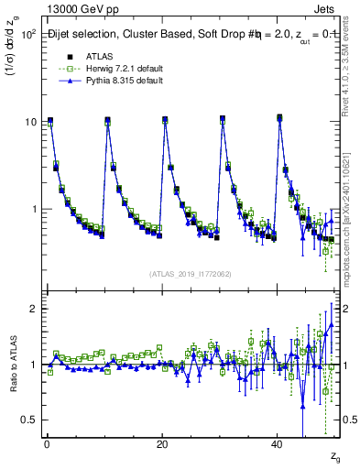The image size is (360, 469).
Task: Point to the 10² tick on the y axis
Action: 27,35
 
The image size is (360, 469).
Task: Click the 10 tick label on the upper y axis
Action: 30,122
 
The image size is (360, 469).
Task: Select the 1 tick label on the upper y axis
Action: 33,209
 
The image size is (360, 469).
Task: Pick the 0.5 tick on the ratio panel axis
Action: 28,420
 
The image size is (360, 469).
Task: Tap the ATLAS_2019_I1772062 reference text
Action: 191,273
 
